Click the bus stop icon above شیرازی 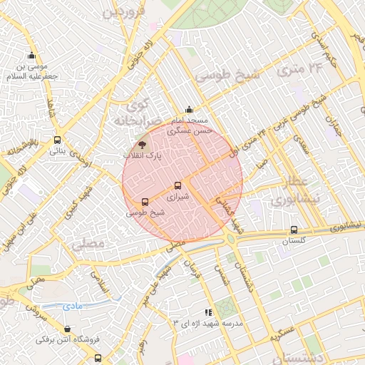tap(178, 185)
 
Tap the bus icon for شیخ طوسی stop tap(145, 202)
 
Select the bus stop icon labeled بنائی tap(57, 140)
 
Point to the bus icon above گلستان tap(294, 230)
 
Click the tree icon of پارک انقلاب tap(143, 144)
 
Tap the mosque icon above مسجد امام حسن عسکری tap(188, 110)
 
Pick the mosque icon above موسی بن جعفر tap(31, 56)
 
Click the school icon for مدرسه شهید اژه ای tap(208, 312)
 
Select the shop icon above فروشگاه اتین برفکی tap(67, 329)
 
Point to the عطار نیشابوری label tap(293, 191)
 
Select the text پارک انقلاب tap(143, 155)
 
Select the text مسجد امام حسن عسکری tap(188, 126)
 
